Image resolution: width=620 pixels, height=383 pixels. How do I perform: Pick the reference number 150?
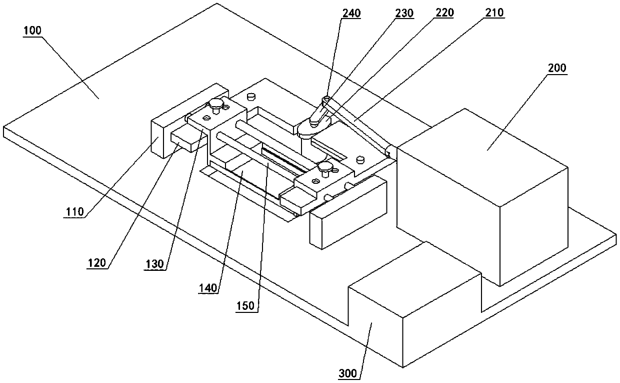[x=248, y=305]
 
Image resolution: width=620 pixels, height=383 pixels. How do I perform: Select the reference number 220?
[x=443, y=13]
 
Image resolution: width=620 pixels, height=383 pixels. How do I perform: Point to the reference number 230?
[x=404, y=13]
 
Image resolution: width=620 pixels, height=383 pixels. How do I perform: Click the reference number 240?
[x=351, y=13]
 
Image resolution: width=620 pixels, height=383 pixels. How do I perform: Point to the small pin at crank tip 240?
[x=327, y=98]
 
